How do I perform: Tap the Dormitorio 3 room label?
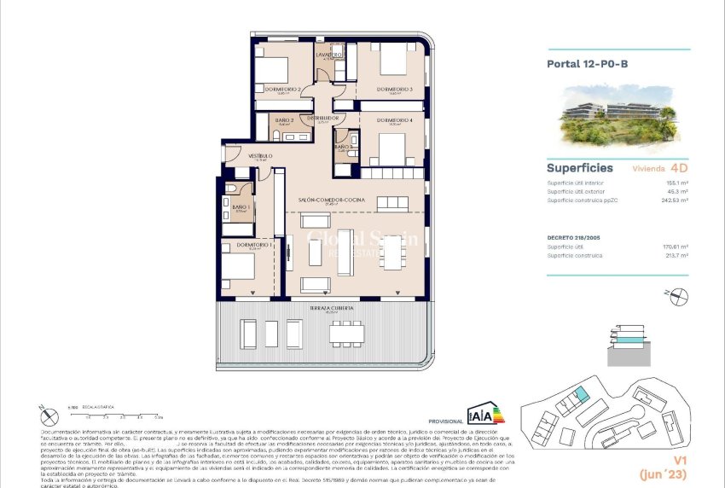point(394,90)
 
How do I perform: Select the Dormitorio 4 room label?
point(394,120)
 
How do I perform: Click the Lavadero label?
point(329,55)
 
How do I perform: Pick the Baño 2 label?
point(284,120)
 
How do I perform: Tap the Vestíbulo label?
point(260,156)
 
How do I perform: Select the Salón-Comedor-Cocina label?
point(332,200)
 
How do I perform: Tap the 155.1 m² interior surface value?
point(678,183)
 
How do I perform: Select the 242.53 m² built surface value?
point(675,201)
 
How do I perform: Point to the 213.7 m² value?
point(677,255)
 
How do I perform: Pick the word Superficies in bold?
point(580,168)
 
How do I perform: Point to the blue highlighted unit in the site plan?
point(580,394)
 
